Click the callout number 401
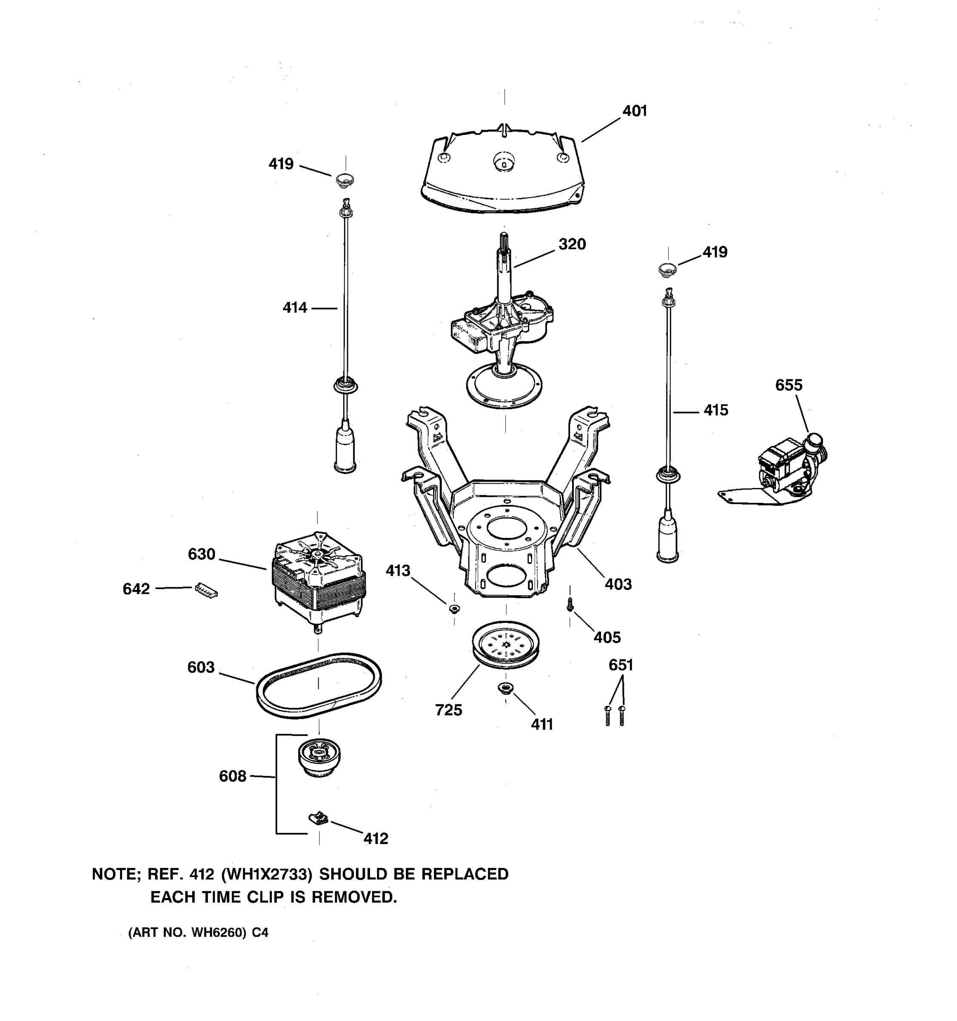point(635,111)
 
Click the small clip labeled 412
point(318,818)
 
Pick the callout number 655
point(789,385)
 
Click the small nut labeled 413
point(454,609)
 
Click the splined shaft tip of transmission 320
point(504,241)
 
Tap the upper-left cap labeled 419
point(345,180)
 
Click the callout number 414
point(295,308)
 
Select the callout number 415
point(716,411)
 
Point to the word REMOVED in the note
point(354,897)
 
